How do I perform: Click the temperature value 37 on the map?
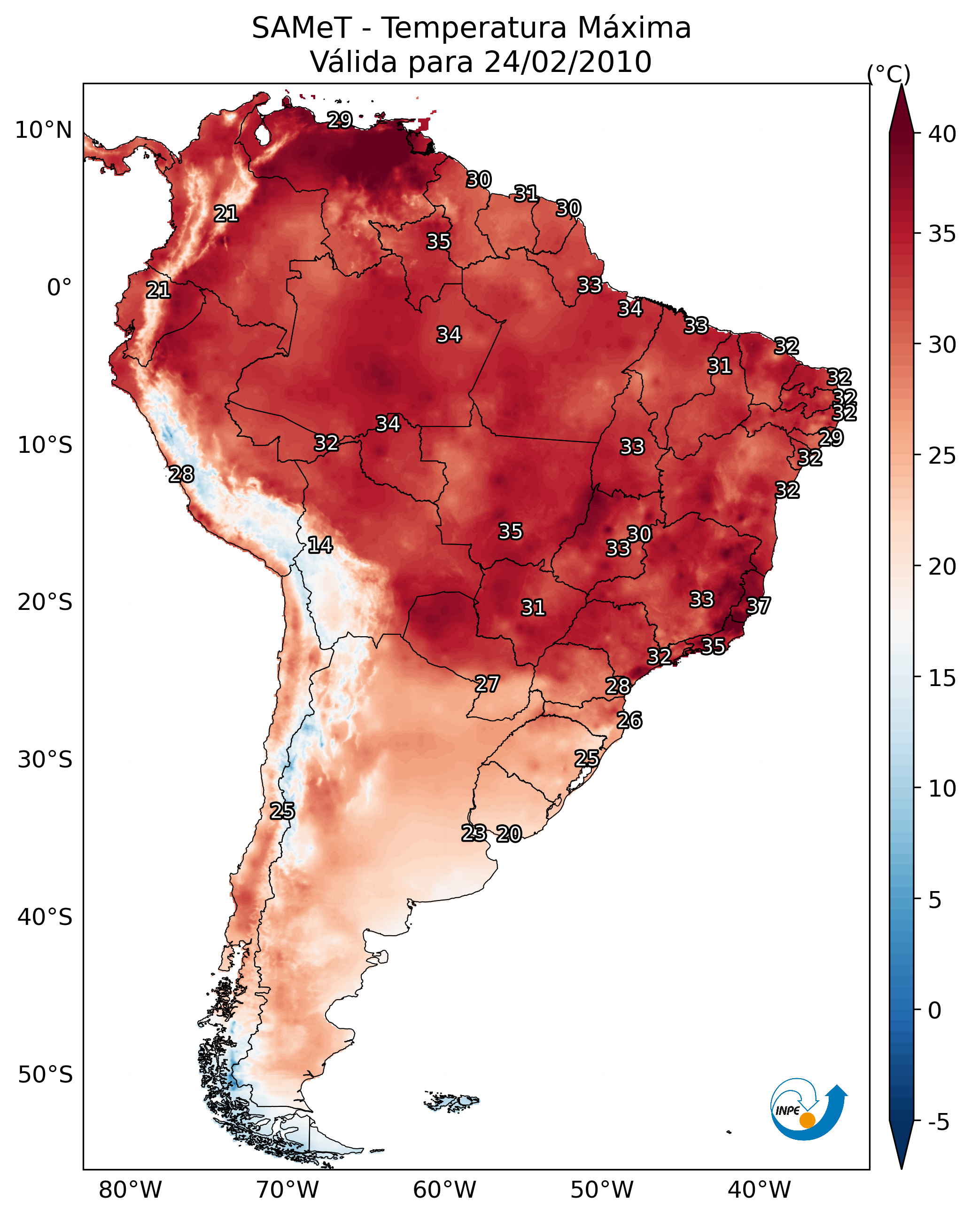[758, 606]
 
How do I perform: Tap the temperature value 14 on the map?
[320, 545]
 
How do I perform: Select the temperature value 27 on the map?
[487, 684]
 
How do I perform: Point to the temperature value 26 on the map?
[629, 720]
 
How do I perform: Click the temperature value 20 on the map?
[509, 834]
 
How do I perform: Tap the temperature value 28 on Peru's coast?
[181, 474]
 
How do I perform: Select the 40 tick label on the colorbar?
[942, 134]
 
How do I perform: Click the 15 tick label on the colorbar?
[942, 678]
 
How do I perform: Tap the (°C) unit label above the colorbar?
[889, 74]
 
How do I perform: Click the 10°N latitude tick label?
[43, 130]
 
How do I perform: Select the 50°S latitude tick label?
[45, 1075]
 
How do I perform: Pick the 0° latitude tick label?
[60, 288]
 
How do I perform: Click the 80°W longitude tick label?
[130, 1190]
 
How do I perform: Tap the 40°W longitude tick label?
[759, 1190]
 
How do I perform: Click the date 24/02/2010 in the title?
[567, 62]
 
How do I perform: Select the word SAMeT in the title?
[302, 28]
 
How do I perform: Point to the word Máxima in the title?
[634, 28]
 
